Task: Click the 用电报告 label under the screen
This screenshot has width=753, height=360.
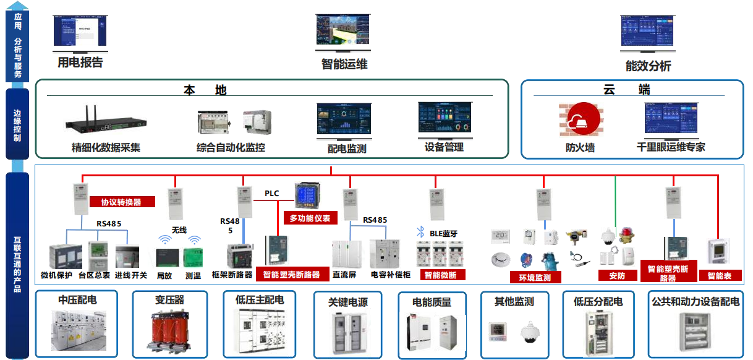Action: tap(80, 62)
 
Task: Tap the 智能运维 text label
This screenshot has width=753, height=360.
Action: tap(344, 64)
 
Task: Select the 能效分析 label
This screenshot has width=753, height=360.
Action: tap(648, 66)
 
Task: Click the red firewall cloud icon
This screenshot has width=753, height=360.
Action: tap(581, 120)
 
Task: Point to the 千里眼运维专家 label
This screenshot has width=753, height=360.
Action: tap(671, 147)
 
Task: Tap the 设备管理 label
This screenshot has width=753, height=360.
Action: tap(444, 147)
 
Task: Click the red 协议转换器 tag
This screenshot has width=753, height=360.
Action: tap(121, 202)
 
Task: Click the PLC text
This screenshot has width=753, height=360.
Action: tap(272, 194)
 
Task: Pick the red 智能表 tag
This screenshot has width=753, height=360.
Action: tap(719, 276)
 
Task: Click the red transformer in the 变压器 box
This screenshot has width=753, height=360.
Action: tap(169, 331)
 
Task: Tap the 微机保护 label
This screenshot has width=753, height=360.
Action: tap(57, 275)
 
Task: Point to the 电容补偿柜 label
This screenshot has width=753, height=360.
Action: tap(391, 274)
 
